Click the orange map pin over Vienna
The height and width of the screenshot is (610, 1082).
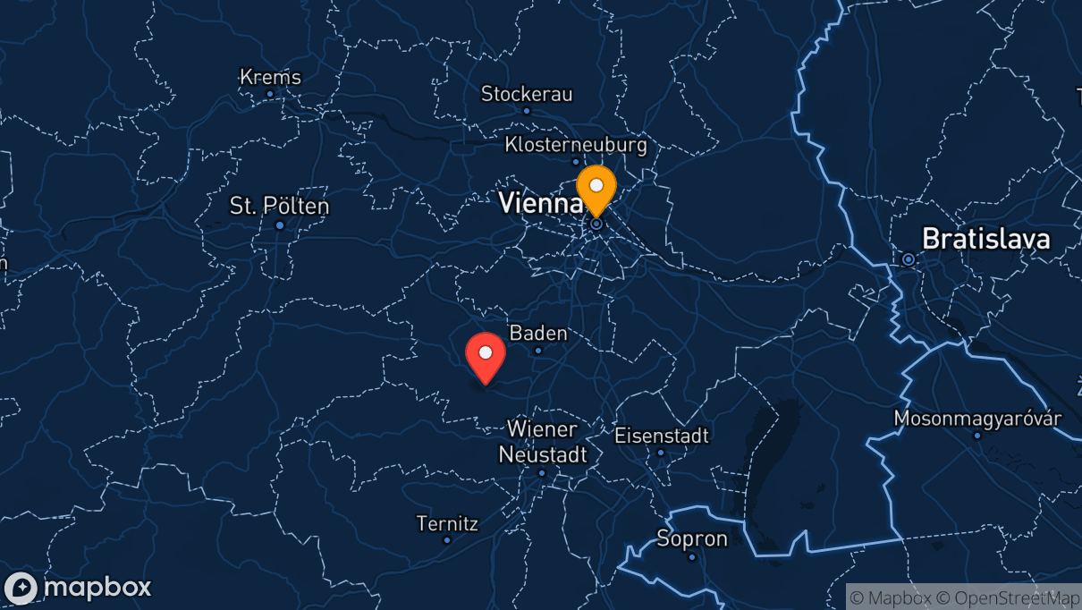point(596,189)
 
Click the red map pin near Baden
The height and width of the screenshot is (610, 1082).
point(486,356)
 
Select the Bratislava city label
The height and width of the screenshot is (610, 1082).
point(985,239)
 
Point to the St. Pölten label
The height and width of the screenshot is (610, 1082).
point(279,207)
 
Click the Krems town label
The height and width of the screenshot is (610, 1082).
point(270,78)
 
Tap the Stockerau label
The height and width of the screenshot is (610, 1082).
point(527,94)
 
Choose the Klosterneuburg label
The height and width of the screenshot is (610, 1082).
point(575,144)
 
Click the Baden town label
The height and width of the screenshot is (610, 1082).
point(538,334)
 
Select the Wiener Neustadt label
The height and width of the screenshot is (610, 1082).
point(543,442)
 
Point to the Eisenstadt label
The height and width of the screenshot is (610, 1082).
point(662,436)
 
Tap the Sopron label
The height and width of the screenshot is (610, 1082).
point(692,539)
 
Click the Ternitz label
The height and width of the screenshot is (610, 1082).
point(447,523)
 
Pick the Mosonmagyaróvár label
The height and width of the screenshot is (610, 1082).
point(978,419)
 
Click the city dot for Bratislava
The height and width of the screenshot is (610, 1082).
point(909,259)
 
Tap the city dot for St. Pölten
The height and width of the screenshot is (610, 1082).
point(280,225)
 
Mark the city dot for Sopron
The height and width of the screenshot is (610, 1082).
point(692,556)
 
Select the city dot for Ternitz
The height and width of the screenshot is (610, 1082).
point(447,540)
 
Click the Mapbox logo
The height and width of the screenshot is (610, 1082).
point(78,588)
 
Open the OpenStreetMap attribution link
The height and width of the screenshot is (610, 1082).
point(1003,597)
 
